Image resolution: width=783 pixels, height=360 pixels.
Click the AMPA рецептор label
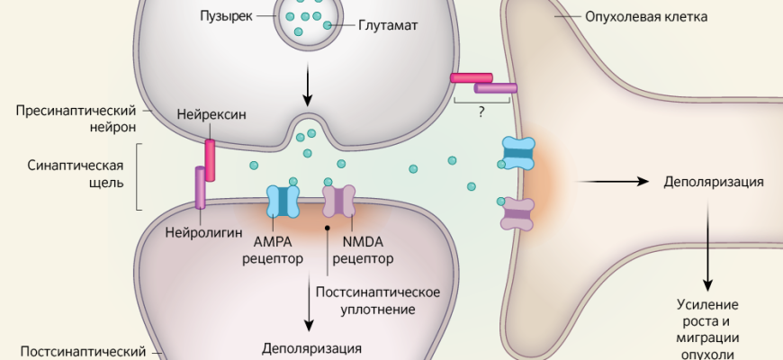(273, 251)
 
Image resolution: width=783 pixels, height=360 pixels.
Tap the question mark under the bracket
(484, 113)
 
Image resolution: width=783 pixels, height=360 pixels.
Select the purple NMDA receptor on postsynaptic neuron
(339, 202)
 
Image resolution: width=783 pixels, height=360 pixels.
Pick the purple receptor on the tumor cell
(517, 215)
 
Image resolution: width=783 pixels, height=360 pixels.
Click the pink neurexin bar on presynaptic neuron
(211, 160)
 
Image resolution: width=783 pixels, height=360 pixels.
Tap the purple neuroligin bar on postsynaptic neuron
(201, 187)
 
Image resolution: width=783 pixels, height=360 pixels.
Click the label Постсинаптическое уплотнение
(378, 301)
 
